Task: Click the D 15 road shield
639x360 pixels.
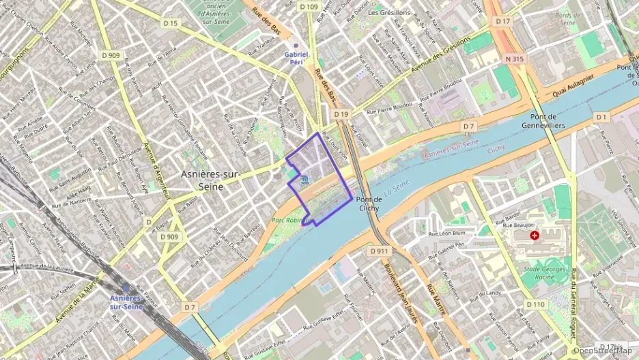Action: click(x=170, y=24)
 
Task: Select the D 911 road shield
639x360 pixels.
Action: click(x=380, y=251)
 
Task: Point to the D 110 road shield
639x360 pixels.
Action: click(x=536, y=304)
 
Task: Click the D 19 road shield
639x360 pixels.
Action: click(x=341, y=114)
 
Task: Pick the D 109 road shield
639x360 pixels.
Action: click(x=309, y=7)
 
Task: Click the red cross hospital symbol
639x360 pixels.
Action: click(x=534, y=235)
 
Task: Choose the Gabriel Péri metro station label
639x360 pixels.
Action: click(x=296, y=57)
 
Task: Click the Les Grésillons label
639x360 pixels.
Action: click(x=389, y=12)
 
